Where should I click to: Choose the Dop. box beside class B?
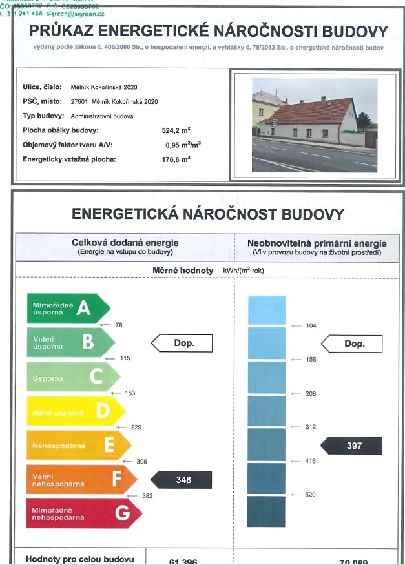tap(183, 344)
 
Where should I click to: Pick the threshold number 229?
tap(136, 427)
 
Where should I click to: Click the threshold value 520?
tap(311, 495)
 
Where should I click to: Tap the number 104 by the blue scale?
tap(311, 325)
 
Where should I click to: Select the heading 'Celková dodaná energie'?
tap(125, 243)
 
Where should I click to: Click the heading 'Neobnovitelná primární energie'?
tap(317, 243)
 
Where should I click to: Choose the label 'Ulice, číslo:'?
tap(42, 87)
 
